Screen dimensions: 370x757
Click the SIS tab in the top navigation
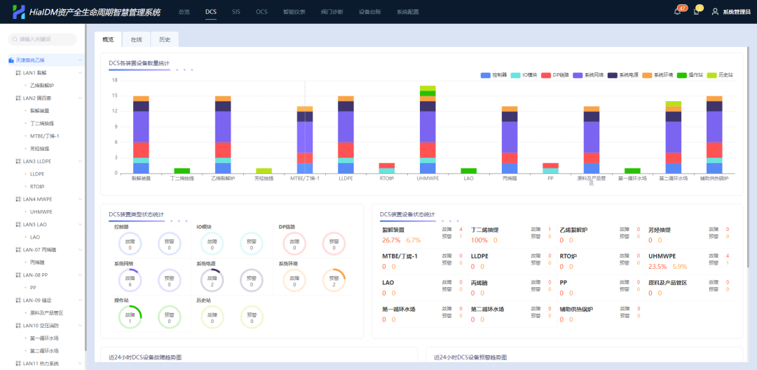click(236, 12)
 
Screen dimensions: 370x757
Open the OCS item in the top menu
click(261, 12)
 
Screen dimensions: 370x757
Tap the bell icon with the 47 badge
click(677, 11)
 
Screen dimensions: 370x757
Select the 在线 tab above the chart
click(136, 40)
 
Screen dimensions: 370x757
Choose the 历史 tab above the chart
click(164, 40)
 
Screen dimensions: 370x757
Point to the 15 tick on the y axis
click(114, 95)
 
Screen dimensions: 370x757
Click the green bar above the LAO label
click(469, 171)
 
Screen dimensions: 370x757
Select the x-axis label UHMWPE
click(428, 178)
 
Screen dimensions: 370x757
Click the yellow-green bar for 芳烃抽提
click(264, 171)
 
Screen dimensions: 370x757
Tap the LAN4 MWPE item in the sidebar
click(39, 199)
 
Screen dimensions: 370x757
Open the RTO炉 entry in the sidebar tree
click(38, 186)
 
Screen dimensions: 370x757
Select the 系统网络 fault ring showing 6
click(130, 279)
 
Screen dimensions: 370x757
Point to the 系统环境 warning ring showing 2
click(334, 279)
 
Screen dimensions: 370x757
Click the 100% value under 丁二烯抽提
click(479, 240)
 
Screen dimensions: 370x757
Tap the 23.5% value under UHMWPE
click(657, 267)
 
